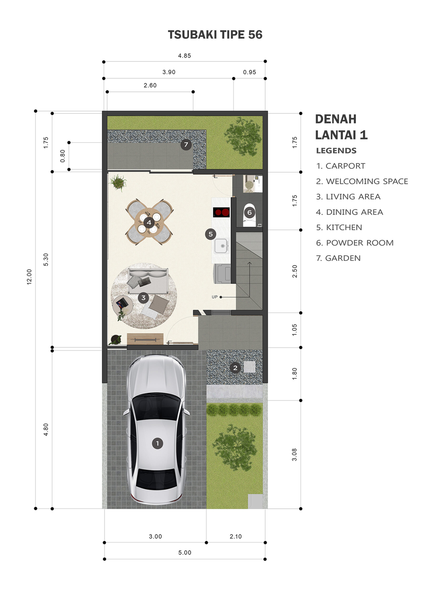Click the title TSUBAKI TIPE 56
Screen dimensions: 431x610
tap(215, 35)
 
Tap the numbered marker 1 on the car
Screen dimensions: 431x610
tap(157, 443)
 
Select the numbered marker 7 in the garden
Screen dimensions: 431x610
tap(186, 145)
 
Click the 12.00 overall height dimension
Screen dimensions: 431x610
tap(29, 277)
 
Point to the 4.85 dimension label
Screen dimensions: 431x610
tap(185, 56)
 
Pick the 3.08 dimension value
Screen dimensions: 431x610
tap(295, 455)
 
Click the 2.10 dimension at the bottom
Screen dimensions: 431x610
tap(236, 536)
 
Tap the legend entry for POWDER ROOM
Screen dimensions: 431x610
tap(355, 243)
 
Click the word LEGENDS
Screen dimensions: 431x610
tap(336, 151)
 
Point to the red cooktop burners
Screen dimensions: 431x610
tap(221, 212)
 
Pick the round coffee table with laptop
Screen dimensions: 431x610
tap(123, 305)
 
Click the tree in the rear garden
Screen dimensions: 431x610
tap(243, 136)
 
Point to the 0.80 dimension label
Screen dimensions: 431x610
tap(63, 156)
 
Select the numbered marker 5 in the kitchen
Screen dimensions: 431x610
tap(210, 234)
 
